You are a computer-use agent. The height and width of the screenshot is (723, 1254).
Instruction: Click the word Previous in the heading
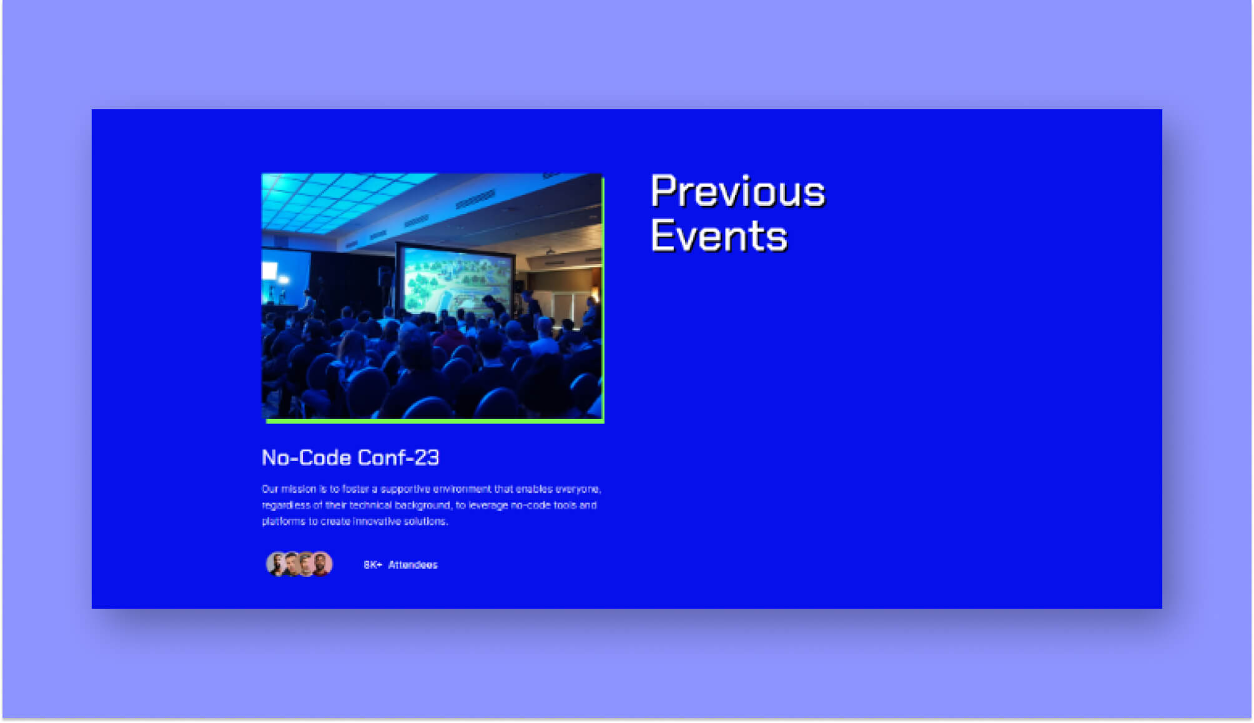[x=737, y=191]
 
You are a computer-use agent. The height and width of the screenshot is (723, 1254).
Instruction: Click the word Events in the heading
[x=718, y=236]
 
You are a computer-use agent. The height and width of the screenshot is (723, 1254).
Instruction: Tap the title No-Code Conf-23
[x=350, y=458]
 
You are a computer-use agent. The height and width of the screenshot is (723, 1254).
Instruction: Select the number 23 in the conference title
[x=427, y=458]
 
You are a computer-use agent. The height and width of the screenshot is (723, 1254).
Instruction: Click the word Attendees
[x=413, y=565]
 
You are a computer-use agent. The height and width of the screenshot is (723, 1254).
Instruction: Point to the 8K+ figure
[x=372, y=565]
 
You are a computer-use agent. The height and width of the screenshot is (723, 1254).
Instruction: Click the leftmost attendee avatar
[x=275, y=564]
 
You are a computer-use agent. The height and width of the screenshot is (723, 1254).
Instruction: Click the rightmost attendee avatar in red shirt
[x=322, y=564]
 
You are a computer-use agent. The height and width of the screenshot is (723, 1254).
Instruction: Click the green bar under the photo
[x=434, y=421]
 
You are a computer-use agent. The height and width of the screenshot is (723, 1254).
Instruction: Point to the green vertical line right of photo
[x=603, y=300]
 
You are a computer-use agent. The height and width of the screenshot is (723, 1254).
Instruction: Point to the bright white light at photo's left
[x=270, y=270]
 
